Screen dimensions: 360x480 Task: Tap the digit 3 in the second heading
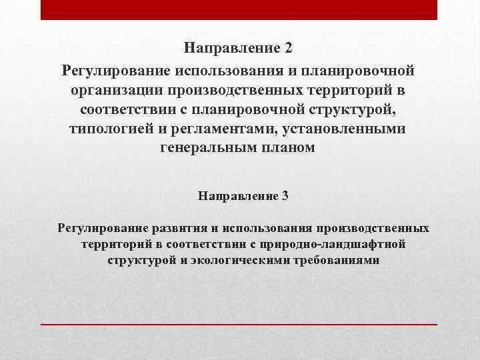285,196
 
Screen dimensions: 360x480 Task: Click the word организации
115,89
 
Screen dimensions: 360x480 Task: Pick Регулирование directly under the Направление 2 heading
117,69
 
